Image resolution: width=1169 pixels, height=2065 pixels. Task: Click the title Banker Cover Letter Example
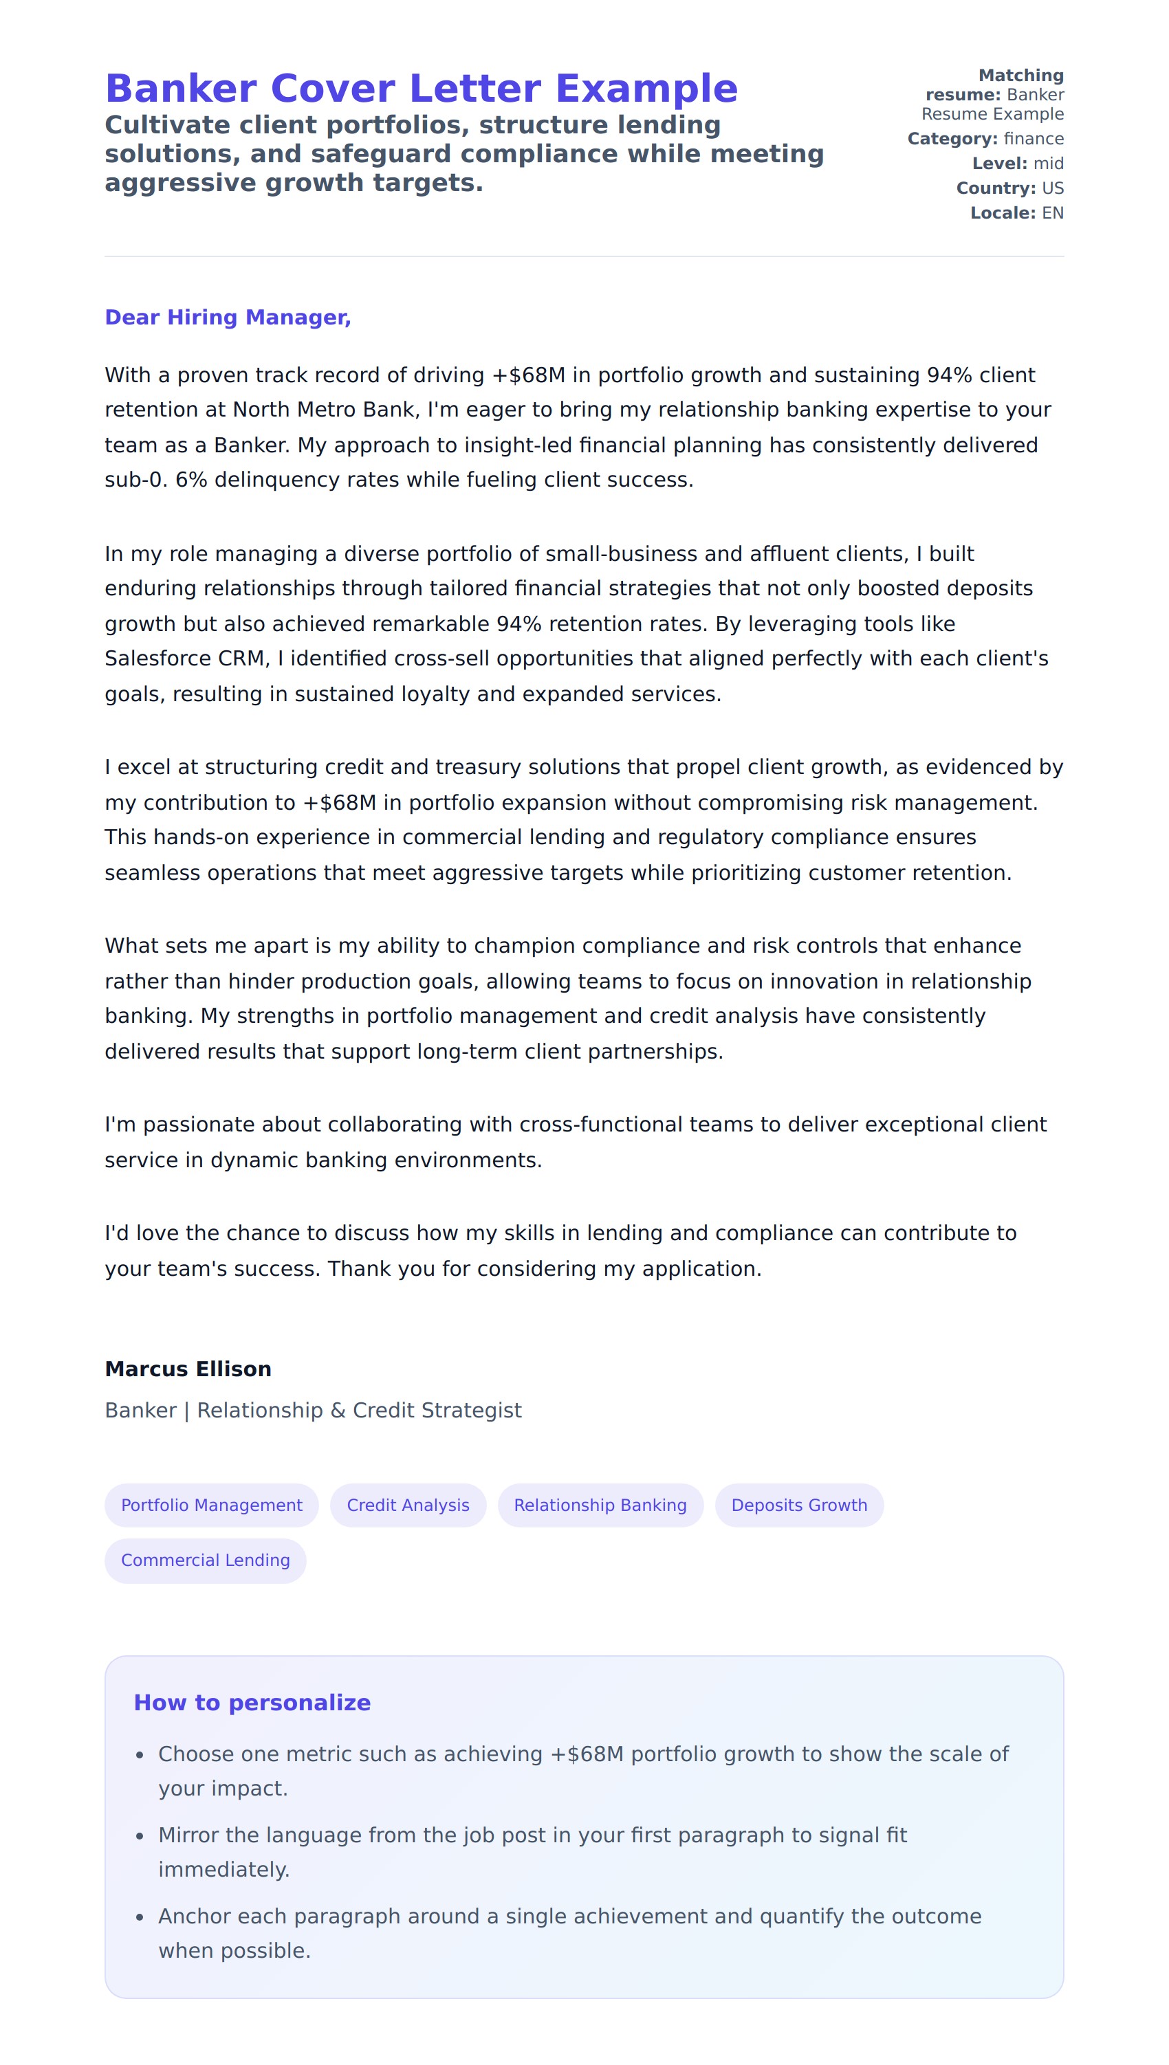[421, 88]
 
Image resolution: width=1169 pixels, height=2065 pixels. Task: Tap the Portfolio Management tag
[211, 1505]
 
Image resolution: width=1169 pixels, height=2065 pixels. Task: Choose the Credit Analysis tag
[408, 1505]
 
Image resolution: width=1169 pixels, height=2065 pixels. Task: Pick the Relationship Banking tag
[600, 1505]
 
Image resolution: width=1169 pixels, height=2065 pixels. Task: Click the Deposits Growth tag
[799, 1505]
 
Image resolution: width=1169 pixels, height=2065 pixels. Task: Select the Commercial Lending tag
[205, 1560]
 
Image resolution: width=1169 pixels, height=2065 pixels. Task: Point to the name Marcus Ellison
[188, 1369]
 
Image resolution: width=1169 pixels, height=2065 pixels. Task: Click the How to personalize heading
[252, 1702]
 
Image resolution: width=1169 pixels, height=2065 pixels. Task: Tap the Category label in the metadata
[952, 139]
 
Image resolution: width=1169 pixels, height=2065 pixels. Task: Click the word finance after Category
[1034, 139]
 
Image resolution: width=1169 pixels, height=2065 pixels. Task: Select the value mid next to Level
[1048, 164]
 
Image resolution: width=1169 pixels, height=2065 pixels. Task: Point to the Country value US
[1053, 188]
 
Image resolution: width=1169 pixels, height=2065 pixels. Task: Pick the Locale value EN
[1053, 214]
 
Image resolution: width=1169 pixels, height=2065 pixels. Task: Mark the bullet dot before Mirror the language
[140, 1835]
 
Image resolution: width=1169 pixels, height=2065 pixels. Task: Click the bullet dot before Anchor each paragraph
[140, 1917]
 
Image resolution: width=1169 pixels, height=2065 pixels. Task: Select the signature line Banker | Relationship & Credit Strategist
[313, 1410]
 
